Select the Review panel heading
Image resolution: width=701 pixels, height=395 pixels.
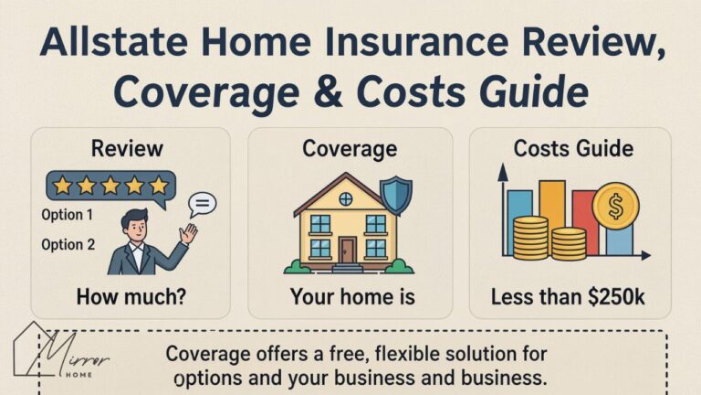(127, 148)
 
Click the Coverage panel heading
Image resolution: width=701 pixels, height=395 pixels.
(350, 148)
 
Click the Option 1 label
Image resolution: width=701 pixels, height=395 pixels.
(68, 216)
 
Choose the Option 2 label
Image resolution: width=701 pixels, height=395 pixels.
(68, 244)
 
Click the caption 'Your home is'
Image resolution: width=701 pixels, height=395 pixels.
(351, 296)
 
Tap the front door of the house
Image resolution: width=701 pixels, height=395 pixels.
(348, 250)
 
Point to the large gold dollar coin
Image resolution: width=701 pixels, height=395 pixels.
(615, 208)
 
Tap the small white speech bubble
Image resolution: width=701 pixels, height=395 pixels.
(202, 203)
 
